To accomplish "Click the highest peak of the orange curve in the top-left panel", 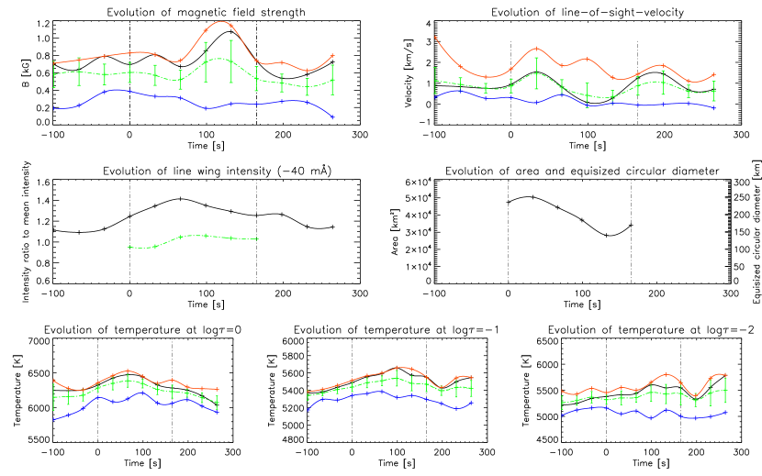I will tap(221, 21).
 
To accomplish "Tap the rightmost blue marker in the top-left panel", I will tap(332, 117).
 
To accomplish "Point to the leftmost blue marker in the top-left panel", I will tap(54, 108).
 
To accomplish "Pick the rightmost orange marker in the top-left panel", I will tap(332, 56).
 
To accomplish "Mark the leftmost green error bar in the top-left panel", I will tap(54, 73).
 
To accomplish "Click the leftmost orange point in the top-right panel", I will tap(435, 38).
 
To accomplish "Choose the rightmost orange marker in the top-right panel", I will tap(713, 75).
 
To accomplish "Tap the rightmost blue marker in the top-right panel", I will tap(713, 107).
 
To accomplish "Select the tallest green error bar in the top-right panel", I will tap(536, 73).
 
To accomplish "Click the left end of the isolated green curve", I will tap(129, 247).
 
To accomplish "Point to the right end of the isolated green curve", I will tap(258, 239).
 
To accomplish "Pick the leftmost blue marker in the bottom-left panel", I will tap(54, 418).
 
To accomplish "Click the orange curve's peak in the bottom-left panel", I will tap(128, 371).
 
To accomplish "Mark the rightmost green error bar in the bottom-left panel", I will tap(217, 402).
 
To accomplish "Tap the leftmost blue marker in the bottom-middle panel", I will tap(308, 408).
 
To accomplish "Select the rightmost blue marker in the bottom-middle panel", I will tap(471, 402).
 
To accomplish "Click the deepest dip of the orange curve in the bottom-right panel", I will tap(695, 394).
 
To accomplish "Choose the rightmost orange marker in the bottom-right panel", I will tap(725, 374).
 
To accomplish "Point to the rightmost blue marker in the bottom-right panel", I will tap(725, 413).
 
